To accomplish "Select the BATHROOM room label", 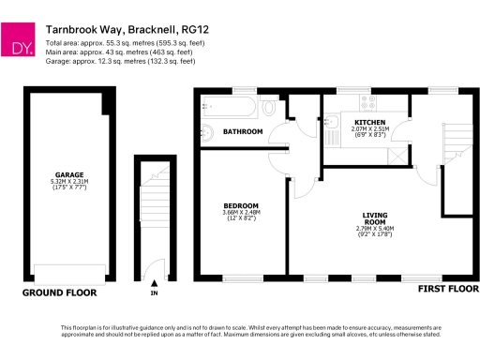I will click(x=243, y=132).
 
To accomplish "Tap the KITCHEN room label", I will click(x=367, y=122).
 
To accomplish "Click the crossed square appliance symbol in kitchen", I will click(x=398, y=155).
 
